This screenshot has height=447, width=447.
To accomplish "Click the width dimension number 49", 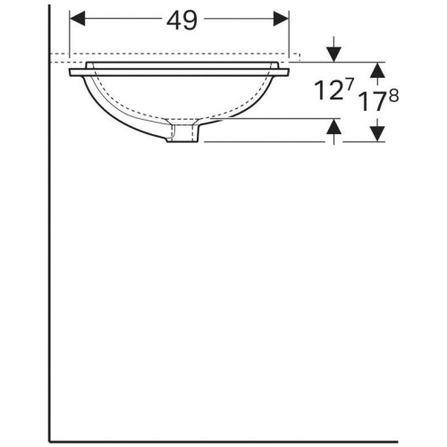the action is pyautogui.click(x=181, y=21).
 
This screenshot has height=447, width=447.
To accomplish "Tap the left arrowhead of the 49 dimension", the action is pyautogui.click(x=78, y=19).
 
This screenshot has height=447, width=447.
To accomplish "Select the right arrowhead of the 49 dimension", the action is pyautogui.click(x=281, y=19).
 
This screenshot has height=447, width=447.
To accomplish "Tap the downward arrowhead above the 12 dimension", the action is pyautogui.click(x=333, y=55).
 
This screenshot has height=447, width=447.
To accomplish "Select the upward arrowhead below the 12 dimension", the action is pyautogui.click(x=333, y=126).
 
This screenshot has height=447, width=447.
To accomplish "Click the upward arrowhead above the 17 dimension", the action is pyautogui.click(x=378, y=70).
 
